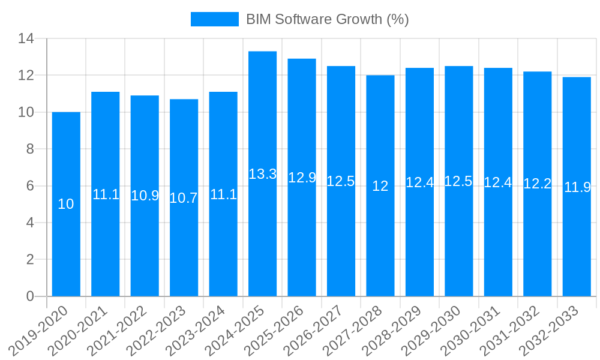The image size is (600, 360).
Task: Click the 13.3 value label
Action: (262, 175)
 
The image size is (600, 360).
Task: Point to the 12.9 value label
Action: (302, 178)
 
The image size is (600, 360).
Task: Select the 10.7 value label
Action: (184, 199)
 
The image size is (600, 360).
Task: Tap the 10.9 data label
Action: (145, 196)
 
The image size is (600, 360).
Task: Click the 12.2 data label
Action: (537, 184)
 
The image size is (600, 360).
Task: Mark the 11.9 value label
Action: (577, 187)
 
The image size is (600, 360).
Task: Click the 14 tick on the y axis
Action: (26, 39)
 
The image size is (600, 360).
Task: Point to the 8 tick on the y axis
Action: (29, 149)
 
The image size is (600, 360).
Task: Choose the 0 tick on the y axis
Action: (29, 296)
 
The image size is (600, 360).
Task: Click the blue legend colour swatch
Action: (214, 19)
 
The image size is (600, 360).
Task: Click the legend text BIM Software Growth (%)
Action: (327, 19)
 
